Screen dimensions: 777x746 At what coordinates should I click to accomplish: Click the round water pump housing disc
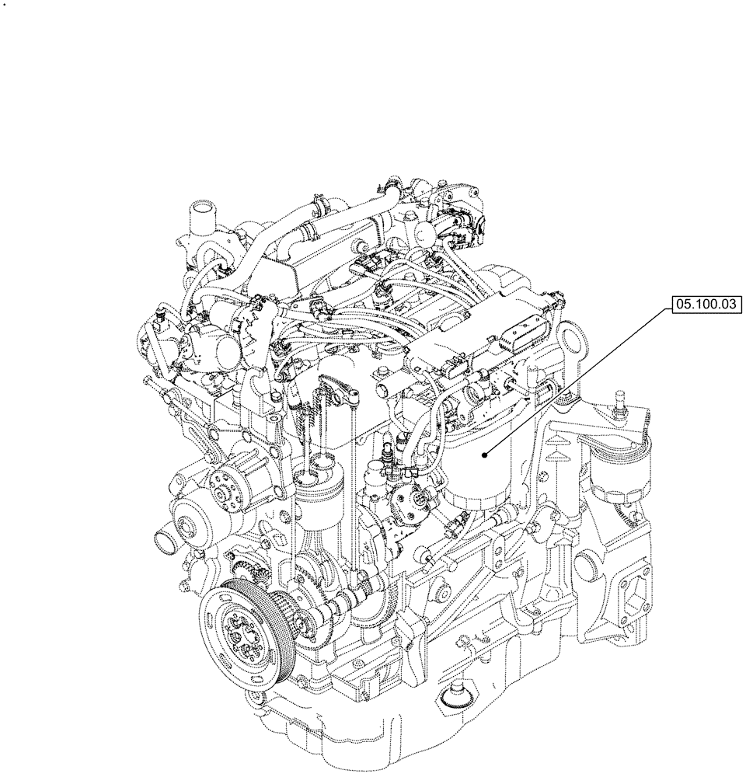[x=190, y=516]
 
